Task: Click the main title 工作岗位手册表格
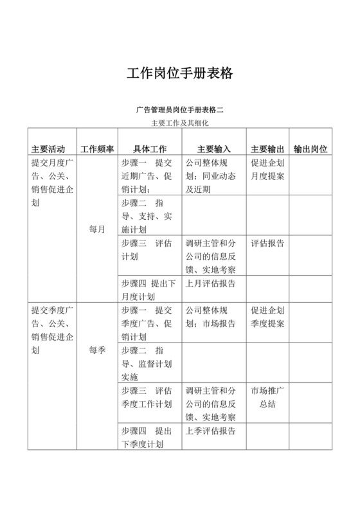[x=179, y=73]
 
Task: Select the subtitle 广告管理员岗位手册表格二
[x=179, y=109]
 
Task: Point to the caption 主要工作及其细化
[x=179, y=122]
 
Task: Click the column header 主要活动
[x=48, y=148]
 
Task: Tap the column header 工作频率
[x=96, y=148]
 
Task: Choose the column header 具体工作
[x=149, y=148]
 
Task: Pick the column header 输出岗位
[x=310, y=148]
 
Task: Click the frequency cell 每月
[x=97, y=229]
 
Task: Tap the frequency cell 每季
[x=97, y=351]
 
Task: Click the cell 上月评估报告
[x=210, y=283]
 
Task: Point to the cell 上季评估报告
[x=210, y=430]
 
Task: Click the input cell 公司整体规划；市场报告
[x=210, y=316]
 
